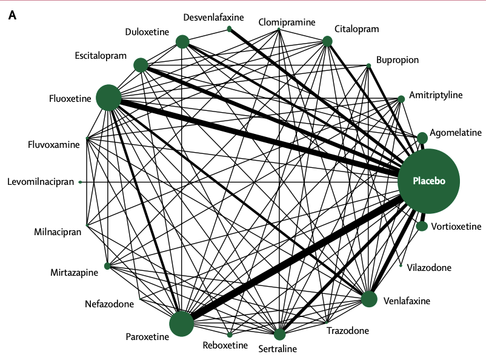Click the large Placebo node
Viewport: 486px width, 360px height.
[428, 181]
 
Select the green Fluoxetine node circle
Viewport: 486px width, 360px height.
[109, 98]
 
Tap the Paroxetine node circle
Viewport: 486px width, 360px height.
[181, 324]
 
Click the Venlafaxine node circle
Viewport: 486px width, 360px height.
[369, 299]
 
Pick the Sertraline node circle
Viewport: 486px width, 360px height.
[279, 335]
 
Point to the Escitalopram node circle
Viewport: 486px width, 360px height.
[141, 65]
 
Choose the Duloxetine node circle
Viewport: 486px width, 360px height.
[182, 41]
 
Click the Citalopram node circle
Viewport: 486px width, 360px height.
[327, 41]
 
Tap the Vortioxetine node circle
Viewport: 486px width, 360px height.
[422, 226]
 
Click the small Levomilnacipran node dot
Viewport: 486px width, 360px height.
[81, 182]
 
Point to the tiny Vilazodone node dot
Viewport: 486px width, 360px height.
[401, 265]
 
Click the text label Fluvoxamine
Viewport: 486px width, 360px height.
[54, 144]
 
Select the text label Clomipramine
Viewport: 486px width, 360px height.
[287, 22]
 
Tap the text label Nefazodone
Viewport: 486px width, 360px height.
[109, 304]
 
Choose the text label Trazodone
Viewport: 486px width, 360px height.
[347, 331]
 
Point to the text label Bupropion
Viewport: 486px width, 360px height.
[397, 60]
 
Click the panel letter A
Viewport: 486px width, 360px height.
[12, 15]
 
